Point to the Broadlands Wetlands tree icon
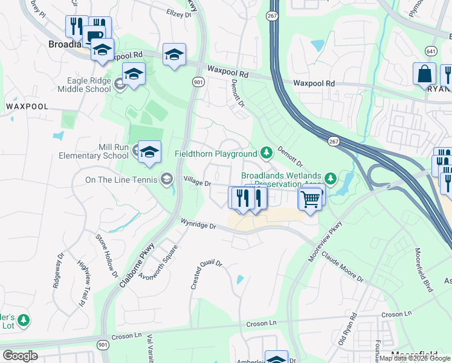click(330, 178)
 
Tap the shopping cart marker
click(310, 198)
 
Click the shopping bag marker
click(424, 74)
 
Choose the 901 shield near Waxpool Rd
click(198, 82)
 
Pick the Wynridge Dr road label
click(199, 224)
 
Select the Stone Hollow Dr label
click(106, 247)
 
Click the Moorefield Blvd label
click(424, 269)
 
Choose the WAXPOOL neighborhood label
click(27, 106)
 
